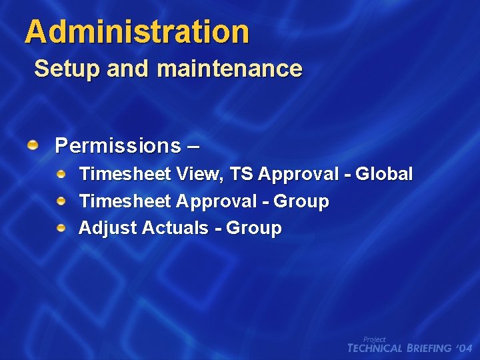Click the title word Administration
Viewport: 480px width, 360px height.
coord(137,31)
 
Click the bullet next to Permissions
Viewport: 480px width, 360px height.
coord(33,145)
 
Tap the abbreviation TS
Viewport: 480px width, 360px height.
coord(241,175)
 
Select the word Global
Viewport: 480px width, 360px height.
coord(384,175)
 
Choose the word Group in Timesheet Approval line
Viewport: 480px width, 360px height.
coord(301,201)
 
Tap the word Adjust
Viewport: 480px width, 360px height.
coord(101,228)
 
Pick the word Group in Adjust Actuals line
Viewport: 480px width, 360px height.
coord(254,228)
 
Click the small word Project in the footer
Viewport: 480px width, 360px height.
coord(374,339)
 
